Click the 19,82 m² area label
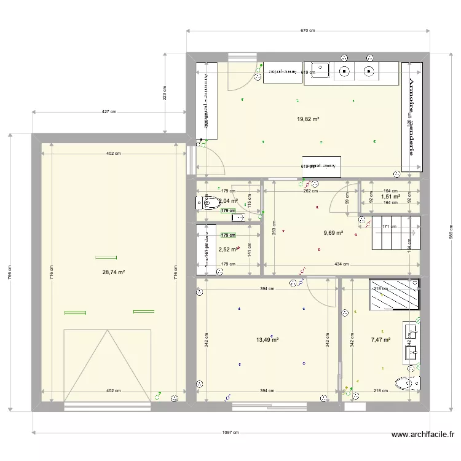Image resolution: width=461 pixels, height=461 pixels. (308, 120)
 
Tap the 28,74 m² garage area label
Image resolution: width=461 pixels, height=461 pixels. (114, 272)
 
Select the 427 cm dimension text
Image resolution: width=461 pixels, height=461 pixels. (109, 112)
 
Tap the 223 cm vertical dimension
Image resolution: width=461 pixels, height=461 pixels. (165, 92)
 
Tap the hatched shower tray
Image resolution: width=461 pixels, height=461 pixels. (393, 296)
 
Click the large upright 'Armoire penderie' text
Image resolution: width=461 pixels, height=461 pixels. (412, 117)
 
